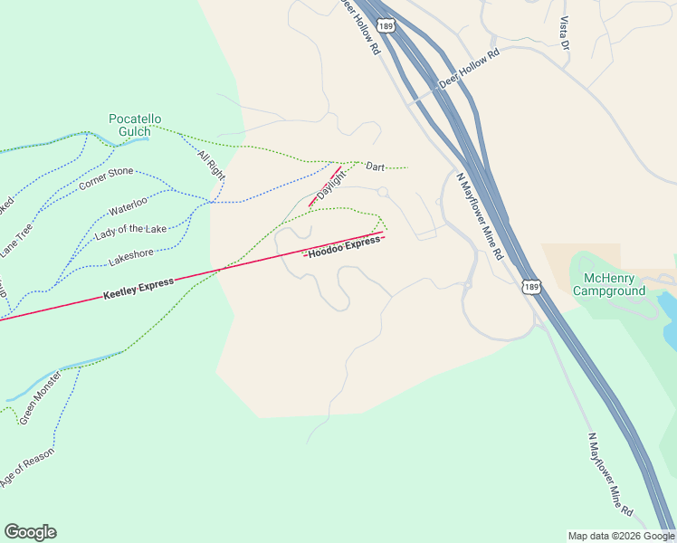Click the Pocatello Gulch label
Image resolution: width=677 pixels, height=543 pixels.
click(135, 125)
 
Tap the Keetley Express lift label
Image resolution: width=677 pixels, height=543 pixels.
click(138, 289)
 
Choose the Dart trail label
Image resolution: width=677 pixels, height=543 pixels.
click(376, 167)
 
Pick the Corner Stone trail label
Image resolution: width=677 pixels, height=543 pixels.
click(106, 178)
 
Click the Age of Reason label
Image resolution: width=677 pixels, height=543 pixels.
click(27, 469)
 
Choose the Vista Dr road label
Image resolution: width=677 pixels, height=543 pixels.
click(565, 33)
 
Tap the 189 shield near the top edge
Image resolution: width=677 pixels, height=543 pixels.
click(387, 27)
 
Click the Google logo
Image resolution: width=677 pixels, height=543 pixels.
click(30, 532)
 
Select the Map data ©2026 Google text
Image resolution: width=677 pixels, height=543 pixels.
click(620, 536)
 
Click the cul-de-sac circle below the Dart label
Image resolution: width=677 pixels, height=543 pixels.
click(383, 192)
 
